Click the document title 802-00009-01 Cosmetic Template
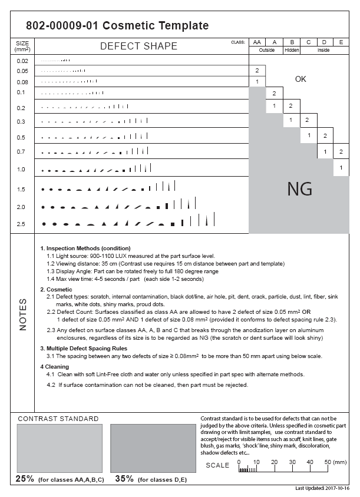tap(117, 25)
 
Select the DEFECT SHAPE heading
tap(138, 46)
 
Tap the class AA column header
tap(257, 42)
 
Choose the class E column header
tap(341, 42)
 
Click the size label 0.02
tap(22, 61)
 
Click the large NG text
tap(299, 189)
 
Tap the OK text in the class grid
tap(300, 79)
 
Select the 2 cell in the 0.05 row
tap(257, 70)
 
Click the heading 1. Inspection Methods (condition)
tap(85, 248)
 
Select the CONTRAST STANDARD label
tap(58, 419)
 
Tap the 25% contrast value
tap(25, 478)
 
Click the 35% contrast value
tap(124, 478)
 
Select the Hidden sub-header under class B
tap(291, 51)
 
